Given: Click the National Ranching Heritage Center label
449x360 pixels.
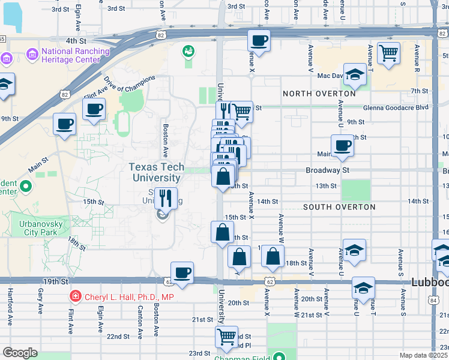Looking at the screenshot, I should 76,56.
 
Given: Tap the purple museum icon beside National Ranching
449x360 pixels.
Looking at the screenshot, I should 32,56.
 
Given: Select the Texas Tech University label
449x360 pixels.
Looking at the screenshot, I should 156,173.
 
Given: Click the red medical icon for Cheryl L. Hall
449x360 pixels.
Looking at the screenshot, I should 75,296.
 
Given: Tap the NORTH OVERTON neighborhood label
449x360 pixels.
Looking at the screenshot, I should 319,94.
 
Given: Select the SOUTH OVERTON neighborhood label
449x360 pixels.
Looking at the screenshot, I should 339,207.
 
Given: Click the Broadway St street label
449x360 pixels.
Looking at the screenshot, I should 327,170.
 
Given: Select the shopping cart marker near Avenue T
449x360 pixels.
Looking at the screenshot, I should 389,53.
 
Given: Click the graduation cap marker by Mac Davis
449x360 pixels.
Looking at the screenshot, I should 355,74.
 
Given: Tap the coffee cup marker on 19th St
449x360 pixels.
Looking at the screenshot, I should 182,272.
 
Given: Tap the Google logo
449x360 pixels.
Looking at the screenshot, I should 20,353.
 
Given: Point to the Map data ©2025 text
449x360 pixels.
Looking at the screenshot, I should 423,355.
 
